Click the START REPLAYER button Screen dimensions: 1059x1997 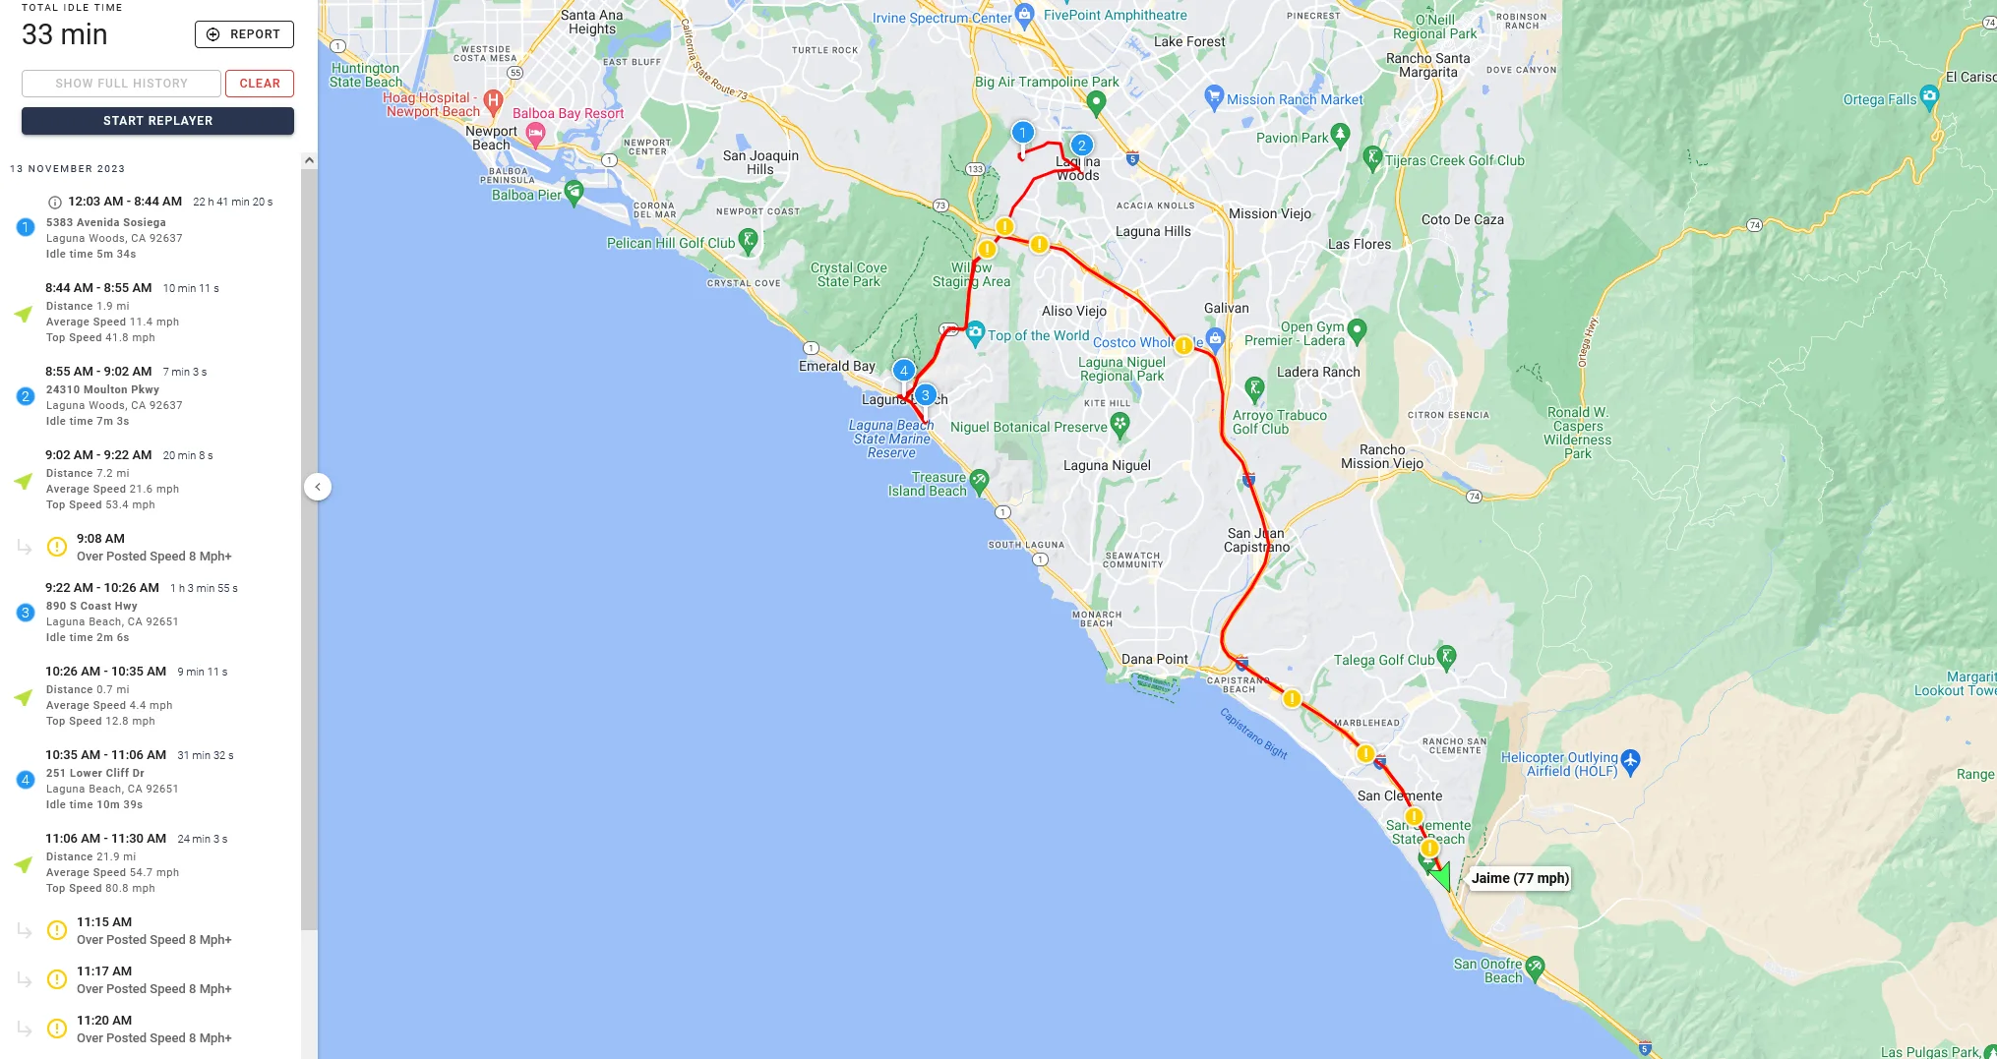tap(157, 121)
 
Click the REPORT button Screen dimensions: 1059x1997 tap(244, 34)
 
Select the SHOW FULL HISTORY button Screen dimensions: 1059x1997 tap(121, 84)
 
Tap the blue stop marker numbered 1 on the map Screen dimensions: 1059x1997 tap(1023, 133)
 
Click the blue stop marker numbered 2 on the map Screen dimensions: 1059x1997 tap(1081, 146)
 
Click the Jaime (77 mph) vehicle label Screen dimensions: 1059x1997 tap(1519, 878)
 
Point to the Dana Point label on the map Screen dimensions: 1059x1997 tap(1154, 659)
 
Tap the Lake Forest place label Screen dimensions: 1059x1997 tap(1189, 41)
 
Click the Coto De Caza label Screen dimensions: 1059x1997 tap(1462, 219)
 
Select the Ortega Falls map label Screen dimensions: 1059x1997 tap(1879, 99)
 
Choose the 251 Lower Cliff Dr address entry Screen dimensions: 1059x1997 tap(95, 773)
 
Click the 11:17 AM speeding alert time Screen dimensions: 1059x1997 tap(104, 971)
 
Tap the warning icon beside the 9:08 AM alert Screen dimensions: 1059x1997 tap(57, 547)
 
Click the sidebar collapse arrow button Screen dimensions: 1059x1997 tap(318, 487)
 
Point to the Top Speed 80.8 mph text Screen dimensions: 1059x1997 tap(100, 888)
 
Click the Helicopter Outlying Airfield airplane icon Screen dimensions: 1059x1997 tap(1630, 760)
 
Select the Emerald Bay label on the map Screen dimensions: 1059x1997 tap(836, 366)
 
